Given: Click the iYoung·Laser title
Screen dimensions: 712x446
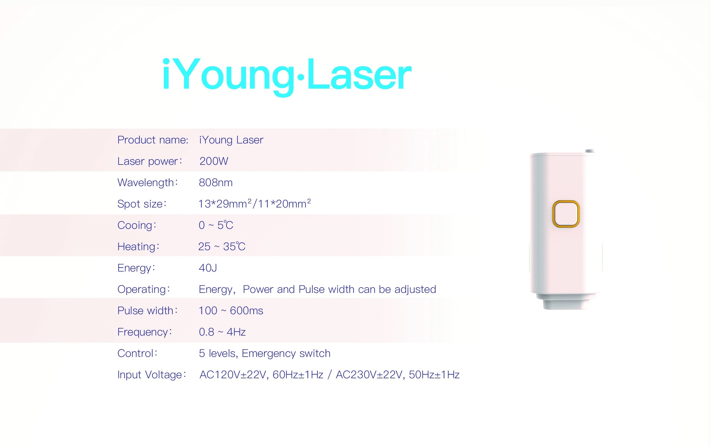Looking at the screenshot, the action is [x=286, y=75].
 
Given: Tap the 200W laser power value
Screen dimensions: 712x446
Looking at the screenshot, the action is [x=214, y=161].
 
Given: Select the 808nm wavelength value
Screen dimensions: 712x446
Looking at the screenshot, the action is [x=216, y=183].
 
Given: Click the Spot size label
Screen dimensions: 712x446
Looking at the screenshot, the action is [x=142, y=204].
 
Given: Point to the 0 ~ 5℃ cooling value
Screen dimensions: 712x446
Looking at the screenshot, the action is [x=216, y=225].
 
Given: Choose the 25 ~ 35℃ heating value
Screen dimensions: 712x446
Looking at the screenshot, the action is [x=222, y=246].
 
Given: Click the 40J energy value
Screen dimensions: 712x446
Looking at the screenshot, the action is [x=208, y=268].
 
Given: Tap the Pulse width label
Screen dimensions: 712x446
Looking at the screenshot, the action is [x=147, y=311].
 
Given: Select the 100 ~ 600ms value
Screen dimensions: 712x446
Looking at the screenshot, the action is [x=231, y=311].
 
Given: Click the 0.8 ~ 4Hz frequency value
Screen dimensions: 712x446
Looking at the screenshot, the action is [x=222, y=332].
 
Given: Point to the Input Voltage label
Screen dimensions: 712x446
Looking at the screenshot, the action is [x=152, y=375].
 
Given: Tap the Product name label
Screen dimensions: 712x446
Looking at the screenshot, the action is [x=153, y=140].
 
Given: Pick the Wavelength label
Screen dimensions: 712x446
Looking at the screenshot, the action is [x=148, y=183].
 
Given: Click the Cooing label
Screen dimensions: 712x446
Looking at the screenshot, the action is [x=137, y=225].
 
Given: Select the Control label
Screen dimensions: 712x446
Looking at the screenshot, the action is [x=137, y=353].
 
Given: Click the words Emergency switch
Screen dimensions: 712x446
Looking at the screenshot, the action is [x=286, y=353].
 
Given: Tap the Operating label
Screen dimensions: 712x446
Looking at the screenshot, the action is [x=144, y=289].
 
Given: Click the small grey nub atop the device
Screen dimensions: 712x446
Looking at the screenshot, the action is [x=590, y=151].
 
